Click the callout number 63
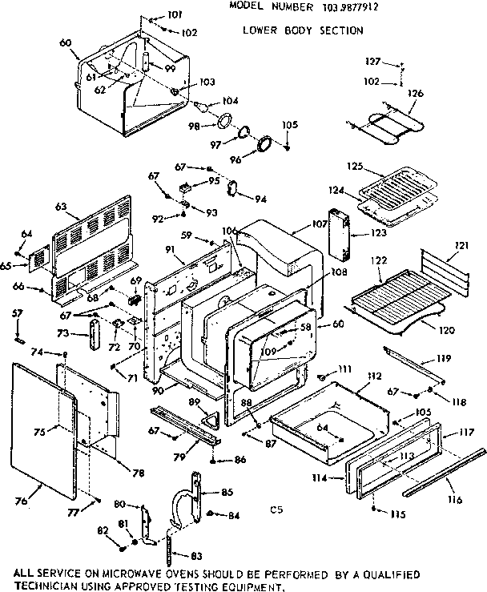point(60,206)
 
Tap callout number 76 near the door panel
point(22,501)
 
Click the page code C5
point(277,508)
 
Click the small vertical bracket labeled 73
point(94,335)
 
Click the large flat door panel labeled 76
point(44,433)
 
